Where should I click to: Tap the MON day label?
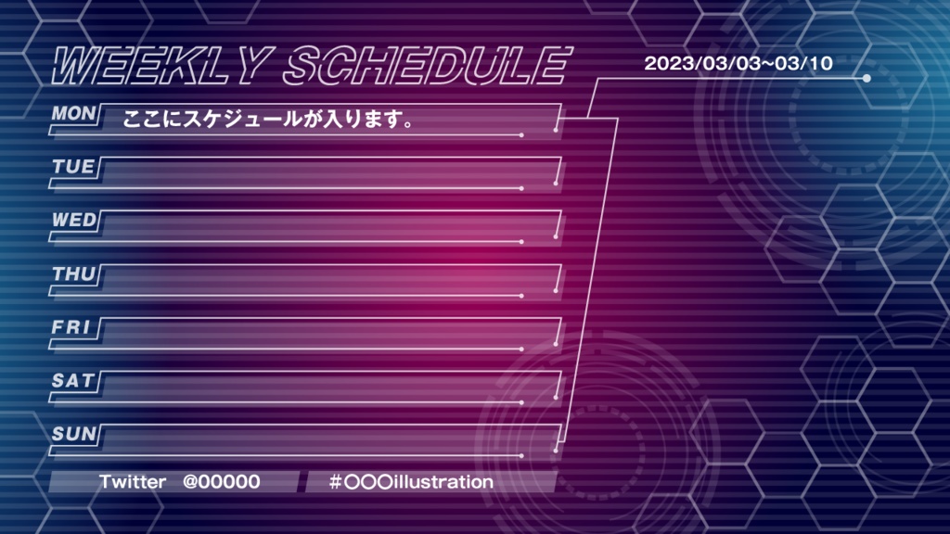73,113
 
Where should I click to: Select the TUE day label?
73,167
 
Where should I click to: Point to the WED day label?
74,220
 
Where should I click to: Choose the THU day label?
73,273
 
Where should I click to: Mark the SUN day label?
73,433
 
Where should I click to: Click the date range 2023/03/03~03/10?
738,64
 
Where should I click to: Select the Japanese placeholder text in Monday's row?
268,120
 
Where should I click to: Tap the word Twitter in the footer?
133,482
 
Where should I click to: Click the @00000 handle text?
221,482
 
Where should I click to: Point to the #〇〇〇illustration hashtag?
411,482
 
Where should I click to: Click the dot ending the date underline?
867,79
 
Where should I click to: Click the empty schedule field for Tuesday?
329,172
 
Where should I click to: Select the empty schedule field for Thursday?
329,279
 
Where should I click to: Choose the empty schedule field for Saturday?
329,386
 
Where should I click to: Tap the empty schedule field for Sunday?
329,439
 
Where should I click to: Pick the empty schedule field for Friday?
329,332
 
